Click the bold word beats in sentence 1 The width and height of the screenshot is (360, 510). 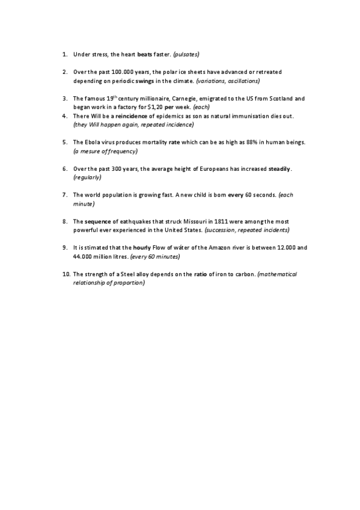145,54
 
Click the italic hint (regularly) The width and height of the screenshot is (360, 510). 87,177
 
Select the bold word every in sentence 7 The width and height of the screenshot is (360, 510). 236,195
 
